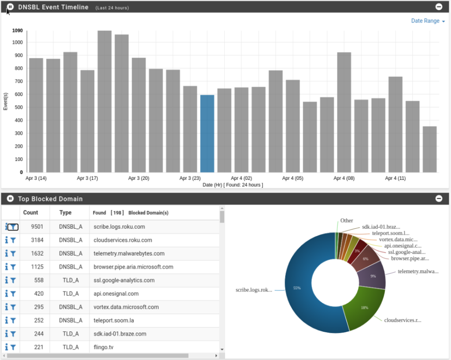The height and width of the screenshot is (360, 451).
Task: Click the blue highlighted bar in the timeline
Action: (207, 134)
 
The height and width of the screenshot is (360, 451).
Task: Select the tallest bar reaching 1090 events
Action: (104, 101)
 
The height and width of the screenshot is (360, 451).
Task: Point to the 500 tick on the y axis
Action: (18, 108)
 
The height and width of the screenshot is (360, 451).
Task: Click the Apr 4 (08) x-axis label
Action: (344, 178)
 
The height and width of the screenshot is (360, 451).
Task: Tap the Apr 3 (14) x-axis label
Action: (36, 178)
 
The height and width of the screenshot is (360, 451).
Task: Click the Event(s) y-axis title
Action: (5, 101)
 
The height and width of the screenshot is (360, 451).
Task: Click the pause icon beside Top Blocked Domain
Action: (10, 199)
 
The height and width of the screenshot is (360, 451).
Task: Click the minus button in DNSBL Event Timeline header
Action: (439, 7)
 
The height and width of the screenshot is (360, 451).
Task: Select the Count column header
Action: (30, 212)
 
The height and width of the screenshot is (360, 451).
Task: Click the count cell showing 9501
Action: (37, 227)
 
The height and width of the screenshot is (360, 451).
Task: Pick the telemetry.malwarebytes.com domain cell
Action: (129, 253)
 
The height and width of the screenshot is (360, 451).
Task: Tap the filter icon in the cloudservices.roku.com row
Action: (13, 240)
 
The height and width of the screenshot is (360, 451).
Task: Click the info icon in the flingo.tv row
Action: (6, 347)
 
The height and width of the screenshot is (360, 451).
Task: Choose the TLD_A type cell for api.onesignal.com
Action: (71, 293)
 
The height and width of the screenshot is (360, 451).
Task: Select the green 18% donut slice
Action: (364, 308)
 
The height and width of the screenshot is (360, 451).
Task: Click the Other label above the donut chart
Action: (347, 220)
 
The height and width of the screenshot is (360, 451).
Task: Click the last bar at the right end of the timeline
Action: (430, 149)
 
